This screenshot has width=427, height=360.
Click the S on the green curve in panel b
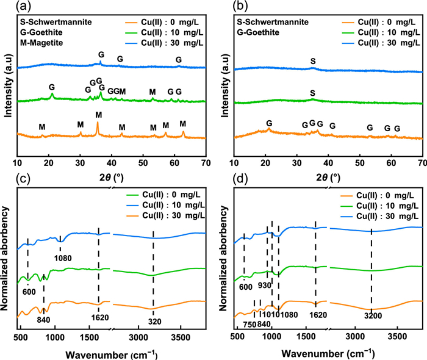click(x=313, y=93)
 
